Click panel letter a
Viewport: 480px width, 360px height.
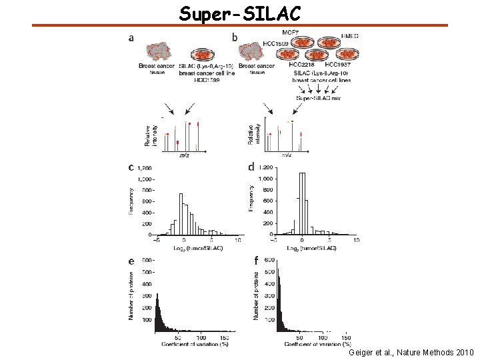pos(131,38)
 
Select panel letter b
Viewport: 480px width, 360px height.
pos(234,38)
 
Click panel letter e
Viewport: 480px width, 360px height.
pos(131,261)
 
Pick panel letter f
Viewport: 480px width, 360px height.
pos(255,260)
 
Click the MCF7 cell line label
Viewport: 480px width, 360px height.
pos(291,32)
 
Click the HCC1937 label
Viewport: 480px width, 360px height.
pos(338,63)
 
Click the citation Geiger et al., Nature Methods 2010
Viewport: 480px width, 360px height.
pos(411,351)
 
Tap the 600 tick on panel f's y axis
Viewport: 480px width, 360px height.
pos(270,261)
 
